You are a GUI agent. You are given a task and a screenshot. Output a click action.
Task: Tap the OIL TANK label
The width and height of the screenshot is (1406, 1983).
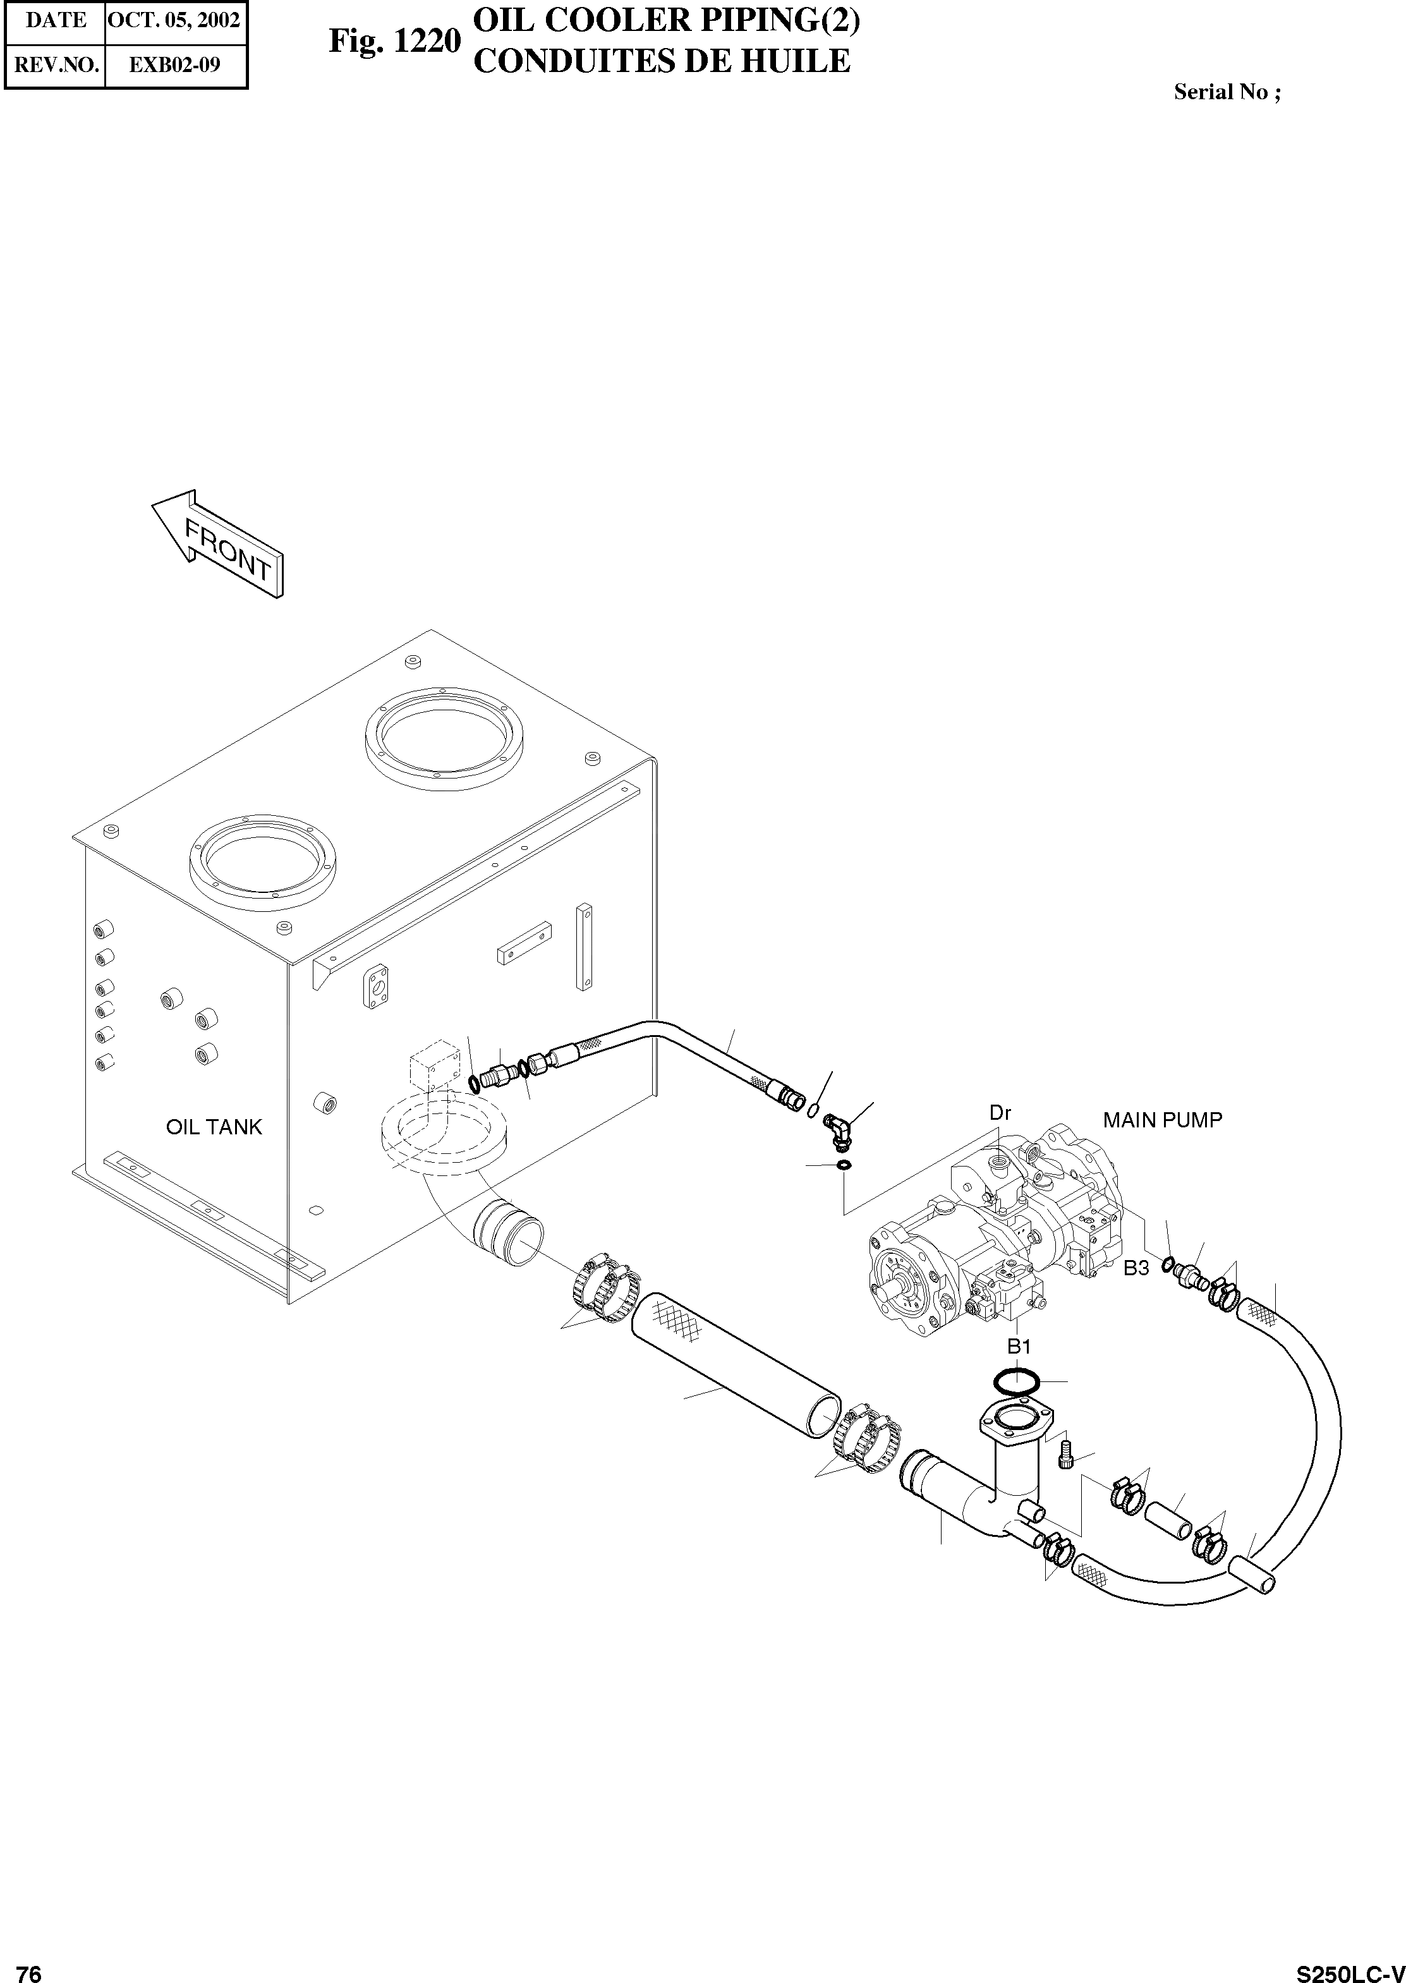pos(213,1127)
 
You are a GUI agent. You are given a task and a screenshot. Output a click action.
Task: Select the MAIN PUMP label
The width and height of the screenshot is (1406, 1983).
pos(1162,1120)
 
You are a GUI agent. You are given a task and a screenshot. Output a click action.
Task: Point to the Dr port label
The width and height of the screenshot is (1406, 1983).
pos(1000,1113)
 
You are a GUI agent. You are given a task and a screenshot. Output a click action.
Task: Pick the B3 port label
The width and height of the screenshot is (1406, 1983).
pos(1136,1268)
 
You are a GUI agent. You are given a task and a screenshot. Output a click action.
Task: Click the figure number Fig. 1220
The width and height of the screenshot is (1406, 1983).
pos(394,42)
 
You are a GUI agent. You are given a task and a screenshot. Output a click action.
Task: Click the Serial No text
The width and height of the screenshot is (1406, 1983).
pos(1226,93)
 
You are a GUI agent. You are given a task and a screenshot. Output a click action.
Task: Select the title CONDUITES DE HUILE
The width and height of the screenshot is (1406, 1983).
pos(662,61)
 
